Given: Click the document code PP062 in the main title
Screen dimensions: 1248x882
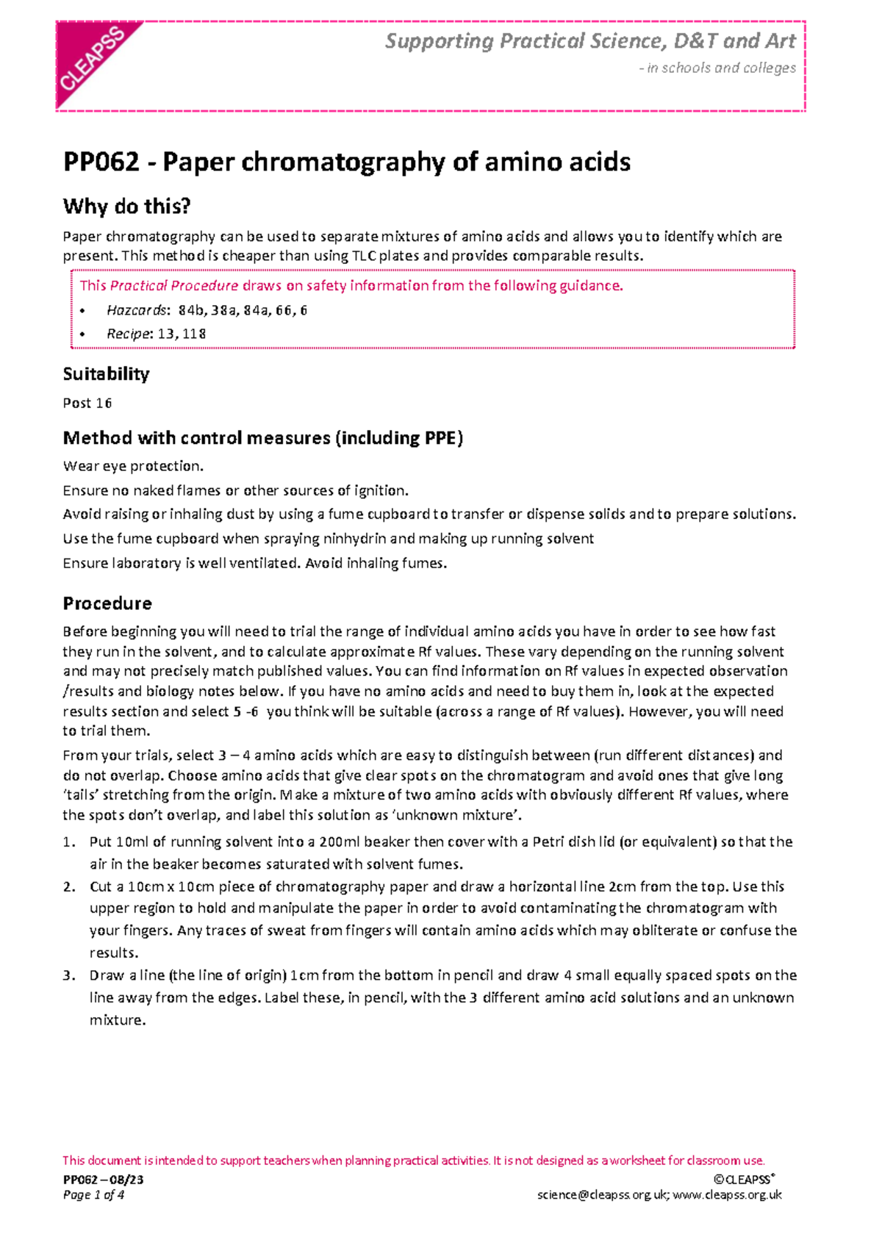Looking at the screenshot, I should coord(101,162).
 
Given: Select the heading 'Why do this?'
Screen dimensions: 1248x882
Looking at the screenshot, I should coord(126,207).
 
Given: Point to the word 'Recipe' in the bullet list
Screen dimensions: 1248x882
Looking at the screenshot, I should coord(129,334).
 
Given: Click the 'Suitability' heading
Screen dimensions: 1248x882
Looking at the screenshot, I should coord(106,374).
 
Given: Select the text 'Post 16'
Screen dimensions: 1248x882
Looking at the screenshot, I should coord(87,403).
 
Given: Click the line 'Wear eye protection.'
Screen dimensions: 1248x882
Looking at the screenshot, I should coord(133,466).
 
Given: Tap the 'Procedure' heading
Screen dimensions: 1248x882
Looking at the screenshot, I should coord(107,603).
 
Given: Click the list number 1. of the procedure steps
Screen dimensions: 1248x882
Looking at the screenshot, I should coord(69,842).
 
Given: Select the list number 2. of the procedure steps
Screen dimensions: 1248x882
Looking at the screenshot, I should coord(69,886).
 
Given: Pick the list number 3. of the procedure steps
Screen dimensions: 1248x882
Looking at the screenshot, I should coord(69,975).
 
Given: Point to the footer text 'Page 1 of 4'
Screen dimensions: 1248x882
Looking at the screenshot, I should coord(93,1195).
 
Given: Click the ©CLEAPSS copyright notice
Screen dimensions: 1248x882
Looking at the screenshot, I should coord(743,1180).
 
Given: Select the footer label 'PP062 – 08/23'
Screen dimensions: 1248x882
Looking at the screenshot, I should coord(103,1180).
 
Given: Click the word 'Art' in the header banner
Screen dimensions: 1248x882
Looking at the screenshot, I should coord(781,41).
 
